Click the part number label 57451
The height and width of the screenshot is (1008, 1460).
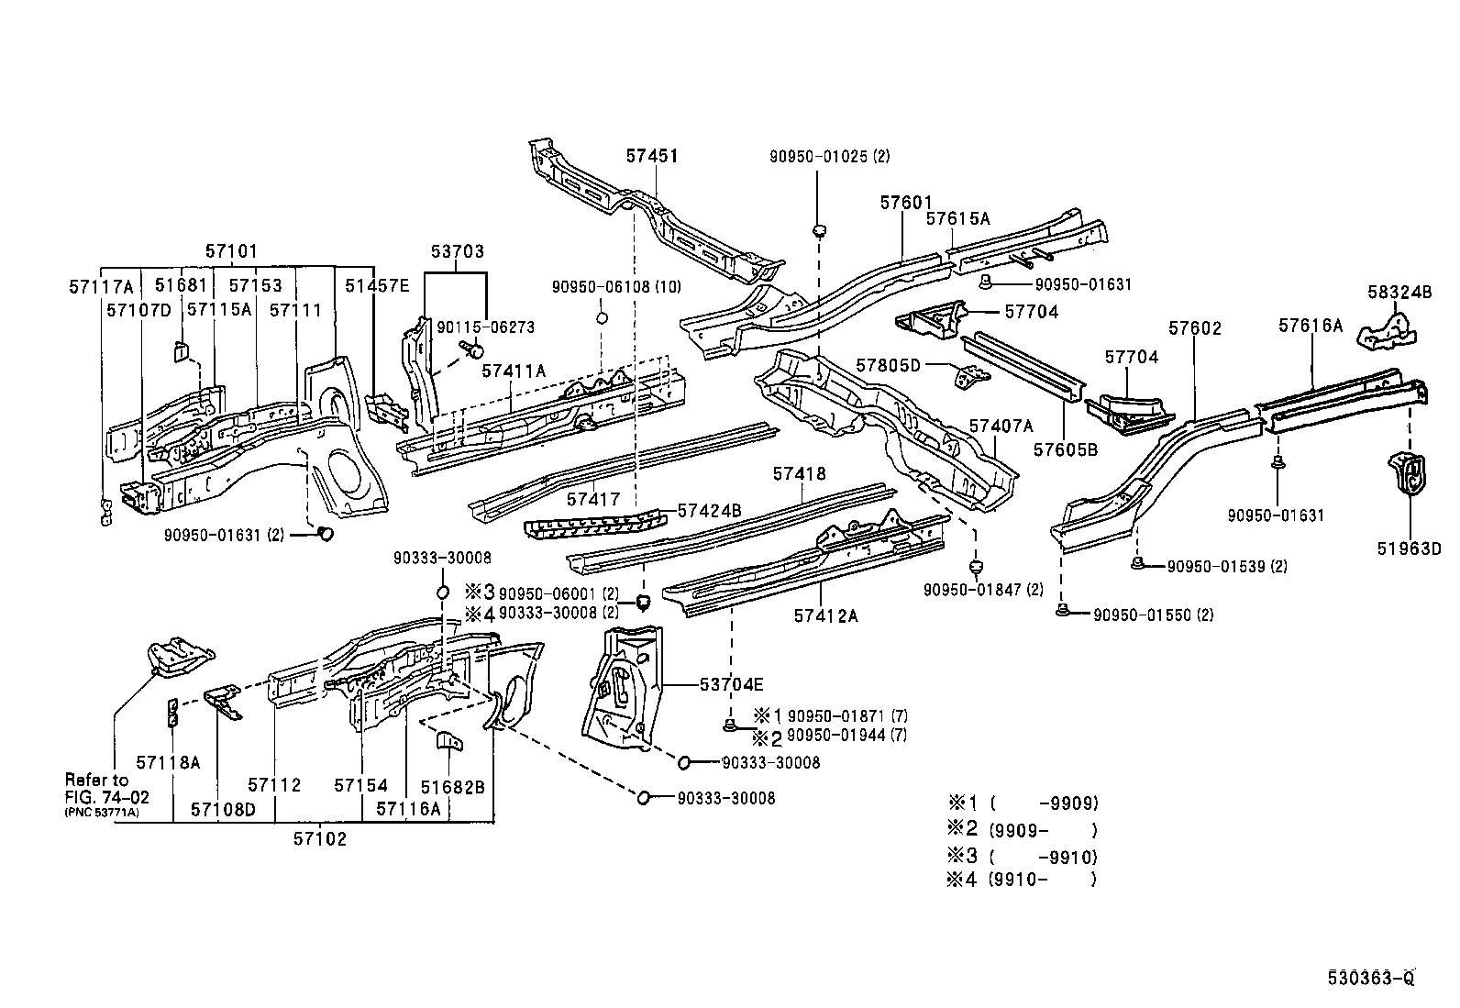coord(652,156)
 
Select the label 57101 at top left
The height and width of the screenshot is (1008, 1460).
coord(231,251)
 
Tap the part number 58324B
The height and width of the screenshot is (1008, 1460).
coord(1399,293)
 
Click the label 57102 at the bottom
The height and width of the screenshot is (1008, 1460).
coord(320,838)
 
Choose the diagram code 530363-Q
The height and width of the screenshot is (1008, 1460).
coord(1371,978)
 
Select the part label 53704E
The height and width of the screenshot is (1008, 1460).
coord(731,684)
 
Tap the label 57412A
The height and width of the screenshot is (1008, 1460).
coord(825,616)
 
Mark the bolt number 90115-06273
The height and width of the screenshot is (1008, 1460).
coord(485,327)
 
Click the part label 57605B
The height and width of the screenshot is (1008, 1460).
coord(1066,449)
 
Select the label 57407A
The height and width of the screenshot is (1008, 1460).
coord(1001,426)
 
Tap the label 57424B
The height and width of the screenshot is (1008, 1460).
coord(709,511)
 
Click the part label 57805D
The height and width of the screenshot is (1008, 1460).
coord(888,365)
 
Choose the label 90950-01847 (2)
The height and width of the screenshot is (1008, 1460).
coord(983,589)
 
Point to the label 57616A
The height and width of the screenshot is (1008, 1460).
coord(1311,325)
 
